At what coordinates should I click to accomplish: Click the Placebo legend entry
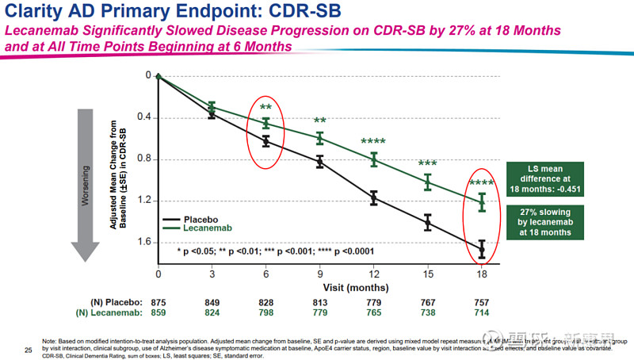(199, 217)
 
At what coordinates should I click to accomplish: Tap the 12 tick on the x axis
(373, 274)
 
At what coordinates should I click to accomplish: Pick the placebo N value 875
(158, 302)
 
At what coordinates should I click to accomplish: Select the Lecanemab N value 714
(481, 314)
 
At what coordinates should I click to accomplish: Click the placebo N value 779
(373, 302)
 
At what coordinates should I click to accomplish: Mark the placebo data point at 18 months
(481, 250)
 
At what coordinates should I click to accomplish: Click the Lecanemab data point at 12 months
(373, 159)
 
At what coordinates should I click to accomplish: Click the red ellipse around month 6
(266, 132)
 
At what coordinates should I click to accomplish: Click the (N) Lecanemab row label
(111, 314)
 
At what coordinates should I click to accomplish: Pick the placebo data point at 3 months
(212, 113)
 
